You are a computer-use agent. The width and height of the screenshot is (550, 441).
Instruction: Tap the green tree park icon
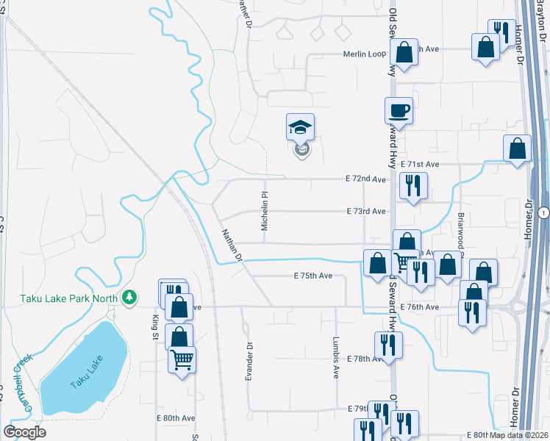tap(129, 296)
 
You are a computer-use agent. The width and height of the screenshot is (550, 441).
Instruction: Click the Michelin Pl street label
tap(264, 209)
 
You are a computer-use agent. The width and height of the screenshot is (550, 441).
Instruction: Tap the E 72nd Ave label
tap(366, 179)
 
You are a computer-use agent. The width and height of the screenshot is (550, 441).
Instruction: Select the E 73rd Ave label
tap(366, 212)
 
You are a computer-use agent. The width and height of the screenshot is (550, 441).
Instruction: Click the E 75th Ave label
tap(313, 276)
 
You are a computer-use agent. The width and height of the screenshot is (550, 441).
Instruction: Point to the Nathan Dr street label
tap(232, 245)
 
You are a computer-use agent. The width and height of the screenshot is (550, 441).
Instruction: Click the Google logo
tap(24, 432)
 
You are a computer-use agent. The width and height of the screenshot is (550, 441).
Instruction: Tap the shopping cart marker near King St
tap(182, 360)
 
